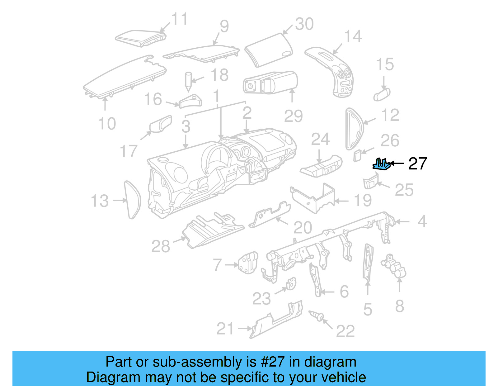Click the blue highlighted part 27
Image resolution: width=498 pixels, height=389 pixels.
pos(381,164)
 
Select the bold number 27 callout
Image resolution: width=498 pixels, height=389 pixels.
pos(417,164)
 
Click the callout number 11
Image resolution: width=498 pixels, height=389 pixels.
pos(180,19)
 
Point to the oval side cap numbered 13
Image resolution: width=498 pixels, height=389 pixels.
pos(132,200)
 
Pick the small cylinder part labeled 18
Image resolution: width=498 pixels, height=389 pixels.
pos(188,81)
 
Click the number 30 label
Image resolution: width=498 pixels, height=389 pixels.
pos(304,24)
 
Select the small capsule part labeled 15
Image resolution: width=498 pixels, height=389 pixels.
pos(382,94)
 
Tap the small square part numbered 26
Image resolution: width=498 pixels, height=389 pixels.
pos(357,155)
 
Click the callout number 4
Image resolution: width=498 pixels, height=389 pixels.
pos(422,221)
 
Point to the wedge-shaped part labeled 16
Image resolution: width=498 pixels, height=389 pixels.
pos(190,101)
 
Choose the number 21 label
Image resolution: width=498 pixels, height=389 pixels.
pos(225,329)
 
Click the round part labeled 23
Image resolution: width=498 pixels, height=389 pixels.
pos(291,284)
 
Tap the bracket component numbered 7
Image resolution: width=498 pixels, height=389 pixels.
pos(248,263)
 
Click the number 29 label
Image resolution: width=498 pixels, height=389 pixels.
pos(293,116)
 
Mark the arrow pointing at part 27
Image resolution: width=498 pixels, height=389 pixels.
pos(397,163)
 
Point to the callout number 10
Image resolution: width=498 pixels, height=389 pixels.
pos(107,124)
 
